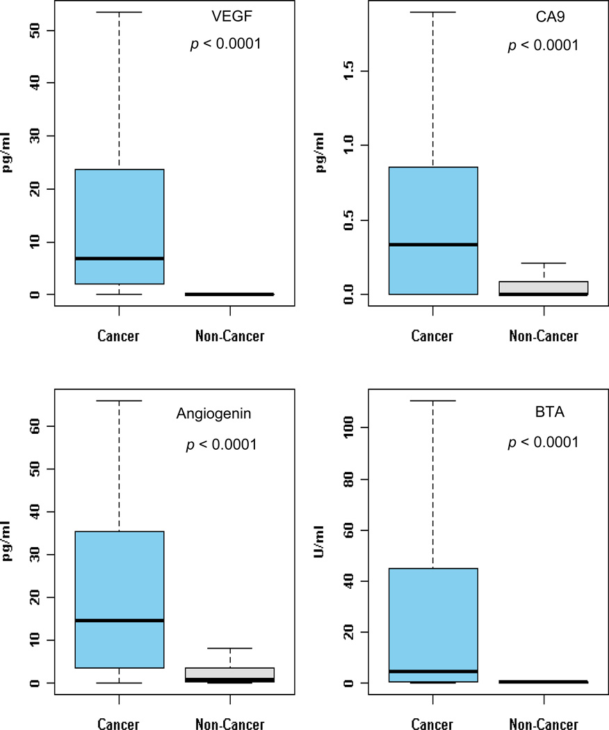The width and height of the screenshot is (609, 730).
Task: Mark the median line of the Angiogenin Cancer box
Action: pos(120,620)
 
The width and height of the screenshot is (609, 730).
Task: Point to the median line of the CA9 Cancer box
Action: pos(433,244)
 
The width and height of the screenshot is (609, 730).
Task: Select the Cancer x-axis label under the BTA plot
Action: pos(432,724)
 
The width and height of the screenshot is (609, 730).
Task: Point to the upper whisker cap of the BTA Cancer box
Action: pos(433,401)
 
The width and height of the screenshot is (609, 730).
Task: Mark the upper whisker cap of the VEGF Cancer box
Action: pos(120,13)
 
